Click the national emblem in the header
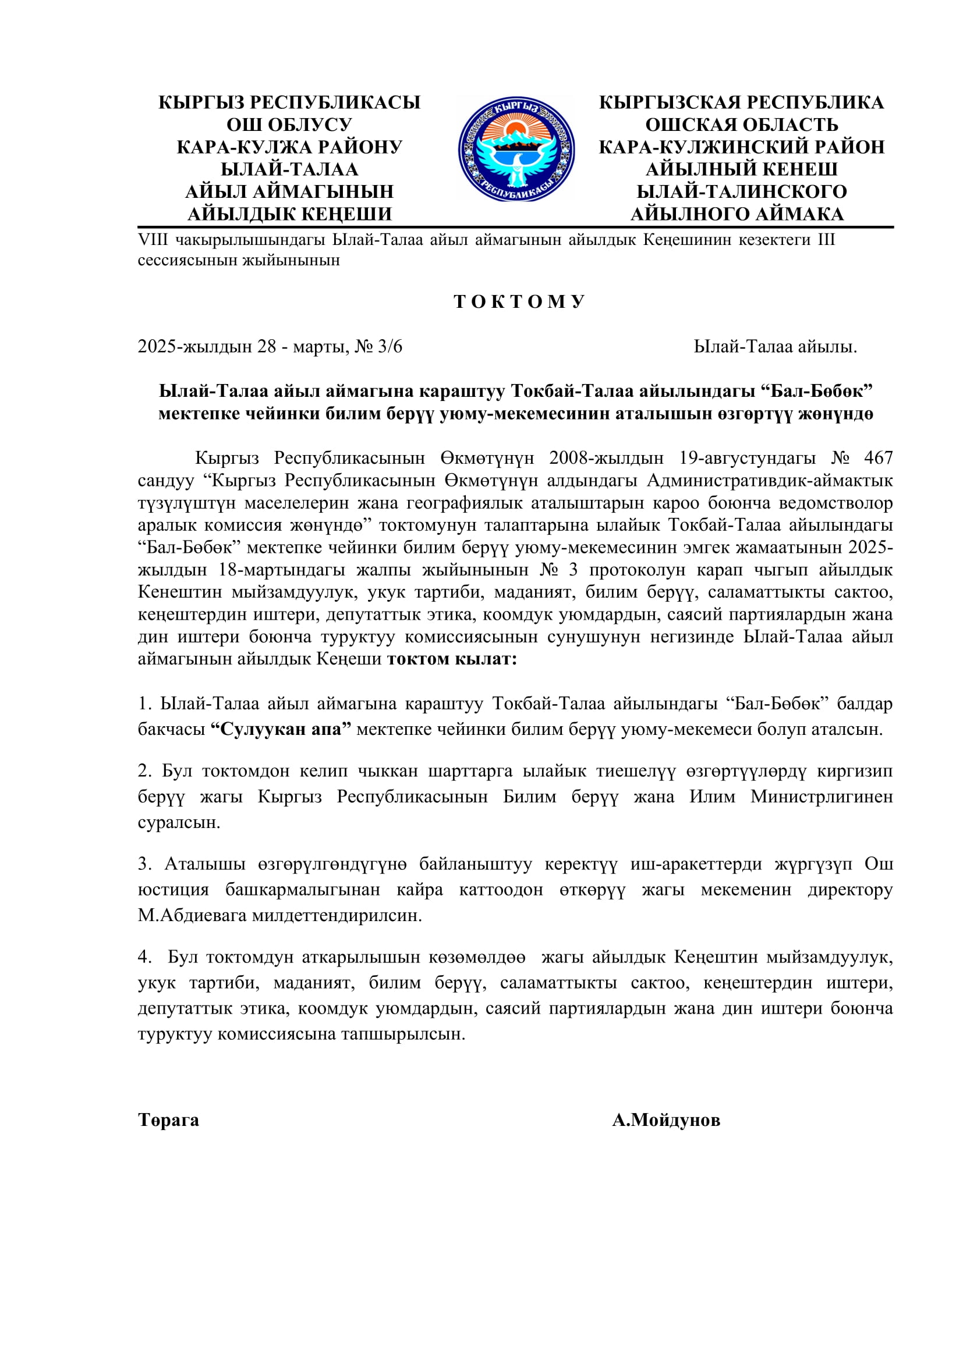(x=516, y=150)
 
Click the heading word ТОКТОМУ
(x=519, y=302)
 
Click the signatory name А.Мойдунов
(x=666, y=1120)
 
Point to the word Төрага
(x=168, y=1120)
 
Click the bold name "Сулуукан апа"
(x=281, y=729)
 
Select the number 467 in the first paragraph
(x=878, y=457)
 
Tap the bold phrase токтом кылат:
(x=452, y=659)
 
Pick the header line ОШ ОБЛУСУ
(x=289, y=125)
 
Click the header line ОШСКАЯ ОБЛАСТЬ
(x=741, y=125)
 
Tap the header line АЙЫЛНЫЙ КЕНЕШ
(x=741, y=169)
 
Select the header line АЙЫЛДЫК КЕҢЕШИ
(x=289, y=214)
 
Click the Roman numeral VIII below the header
(x=153, y=240)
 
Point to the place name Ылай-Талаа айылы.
(x=775, y=347)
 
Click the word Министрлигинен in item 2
(x=822, y=796)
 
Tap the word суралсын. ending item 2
(x=179, y=822)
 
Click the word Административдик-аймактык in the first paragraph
(x=770, y=480)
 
